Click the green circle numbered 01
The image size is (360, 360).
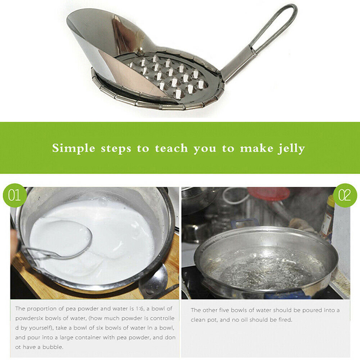pos(14,195)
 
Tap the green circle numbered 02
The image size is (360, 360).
pos(345,195)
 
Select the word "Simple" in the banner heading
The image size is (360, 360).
pos(73,148)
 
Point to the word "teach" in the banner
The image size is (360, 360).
pos(171,148)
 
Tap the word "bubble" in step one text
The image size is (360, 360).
pos(52,347)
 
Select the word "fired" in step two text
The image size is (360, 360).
pos(285,319)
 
